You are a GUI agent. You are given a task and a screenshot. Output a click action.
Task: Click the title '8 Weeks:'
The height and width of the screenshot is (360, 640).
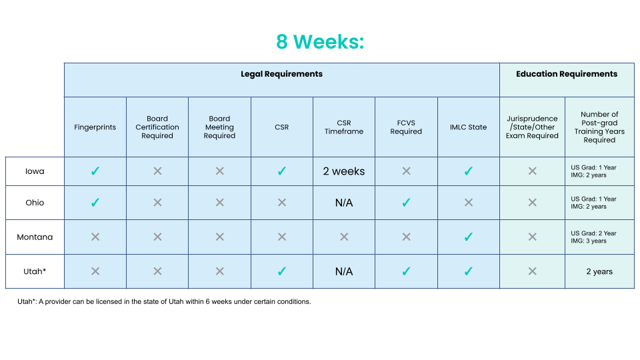tap(320, 41)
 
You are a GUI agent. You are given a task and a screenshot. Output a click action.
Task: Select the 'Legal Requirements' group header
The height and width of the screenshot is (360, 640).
tap(281, 74)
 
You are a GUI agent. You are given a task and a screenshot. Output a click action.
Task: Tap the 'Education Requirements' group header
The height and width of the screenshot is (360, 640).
tap(567, 74)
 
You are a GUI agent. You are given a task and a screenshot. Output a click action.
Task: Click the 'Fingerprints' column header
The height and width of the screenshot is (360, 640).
tap(95, 127)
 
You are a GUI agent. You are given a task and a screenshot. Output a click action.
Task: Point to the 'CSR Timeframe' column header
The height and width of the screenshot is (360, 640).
tap(344, 127)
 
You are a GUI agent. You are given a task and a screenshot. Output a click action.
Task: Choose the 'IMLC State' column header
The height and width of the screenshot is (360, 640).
tap(468, 127)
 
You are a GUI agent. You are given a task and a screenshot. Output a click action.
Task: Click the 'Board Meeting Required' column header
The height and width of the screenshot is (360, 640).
tap(219, 127)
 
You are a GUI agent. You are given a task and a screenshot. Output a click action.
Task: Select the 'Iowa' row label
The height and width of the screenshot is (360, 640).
tap(35, 171)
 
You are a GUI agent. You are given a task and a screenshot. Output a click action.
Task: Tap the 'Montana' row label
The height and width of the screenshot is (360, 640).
tap(35, 237)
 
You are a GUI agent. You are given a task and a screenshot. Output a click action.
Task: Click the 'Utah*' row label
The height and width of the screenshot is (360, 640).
tap(35, 271)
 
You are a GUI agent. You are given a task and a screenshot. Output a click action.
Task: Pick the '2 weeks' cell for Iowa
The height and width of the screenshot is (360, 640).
tap(344, 171)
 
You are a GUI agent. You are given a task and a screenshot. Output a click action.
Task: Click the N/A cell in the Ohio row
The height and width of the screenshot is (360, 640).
tap(344, 203)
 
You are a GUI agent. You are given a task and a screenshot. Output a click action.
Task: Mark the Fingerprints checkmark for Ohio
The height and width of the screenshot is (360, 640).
tap(95, 203)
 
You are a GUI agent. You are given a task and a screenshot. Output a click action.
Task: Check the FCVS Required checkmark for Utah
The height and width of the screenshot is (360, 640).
tap(406, 271)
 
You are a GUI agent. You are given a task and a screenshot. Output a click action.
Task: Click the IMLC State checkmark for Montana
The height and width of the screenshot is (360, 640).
tap(468, 237)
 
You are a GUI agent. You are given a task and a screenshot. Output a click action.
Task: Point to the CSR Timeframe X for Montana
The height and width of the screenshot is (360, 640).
tap(344, 237)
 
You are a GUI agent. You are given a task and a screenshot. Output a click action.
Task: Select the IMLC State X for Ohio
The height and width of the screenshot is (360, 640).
tap(468, 203)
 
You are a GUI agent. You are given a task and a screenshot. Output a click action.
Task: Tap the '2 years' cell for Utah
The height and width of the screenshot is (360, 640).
tap(599, 271)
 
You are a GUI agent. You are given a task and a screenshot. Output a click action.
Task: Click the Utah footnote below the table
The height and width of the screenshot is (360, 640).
tap(164, 301)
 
